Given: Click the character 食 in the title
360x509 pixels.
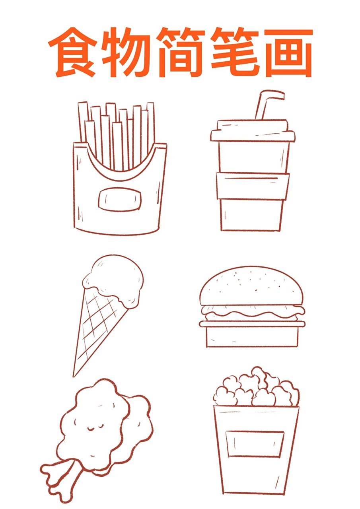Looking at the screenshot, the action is pyautogui.click(x=73, y=52).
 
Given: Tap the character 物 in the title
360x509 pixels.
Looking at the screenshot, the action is pyautogui.click(x=125, y=52).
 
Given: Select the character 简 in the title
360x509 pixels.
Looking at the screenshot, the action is pyautogui.click(x=180, y=52).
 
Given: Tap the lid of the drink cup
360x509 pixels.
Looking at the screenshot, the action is pyautogui.click(x=253, y=131).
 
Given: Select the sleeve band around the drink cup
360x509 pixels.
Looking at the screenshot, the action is pyautogui.click(x=253, y=186).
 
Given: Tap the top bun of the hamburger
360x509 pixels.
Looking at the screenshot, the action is pyautogui.click(x=251, y=287).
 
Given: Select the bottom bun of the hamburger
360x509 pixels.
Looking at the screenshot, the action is pyautogui.click(x=252, y=338).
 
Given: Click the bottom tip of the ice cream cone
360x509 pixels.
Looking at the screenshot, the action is pyautogui.click(x=74, y=376).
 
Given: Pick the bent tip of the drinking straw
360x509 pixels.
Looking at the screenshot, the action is pyautogui.click(x=282, y=95).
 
